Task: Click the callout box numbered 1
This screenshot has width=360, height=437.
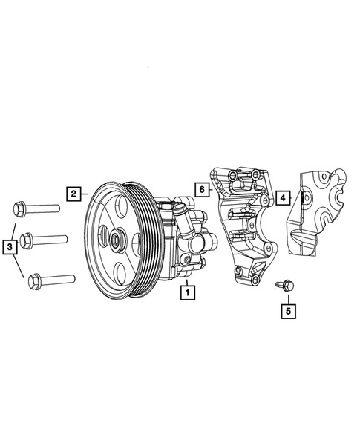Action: [x=188, y=293]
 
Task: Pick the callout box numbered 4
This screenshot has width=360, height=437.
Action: [x=283, y=199]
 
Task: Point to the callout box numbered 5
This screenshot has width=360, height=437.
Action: [x=288, y=310]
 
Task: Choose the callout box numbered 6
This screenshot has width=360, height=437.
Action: [x=201, y=189]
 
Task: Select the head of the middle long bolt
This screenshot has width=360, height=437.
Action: [x=25, y=240]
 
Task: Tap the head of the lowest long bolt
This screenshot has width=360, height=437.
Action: [x=33, y=281]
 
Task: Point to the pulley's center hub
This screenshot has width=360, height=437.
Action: [x=117, y=240]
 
